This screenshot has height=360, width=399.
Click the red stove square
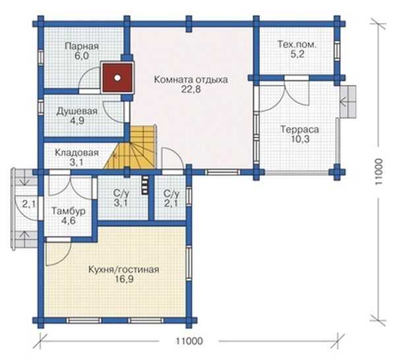[x=117, y=77]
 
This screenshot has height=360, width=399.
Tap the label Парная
[x=82, y=47]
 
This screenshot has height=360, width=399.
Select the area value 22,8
[x=191, y=89]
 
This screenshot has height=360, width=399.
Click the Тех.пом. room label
[x=297, y=45]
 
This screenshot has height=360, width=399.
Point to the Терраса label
[x=299, y=129]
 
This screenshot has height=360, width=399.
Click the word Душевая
[x=77, y=111]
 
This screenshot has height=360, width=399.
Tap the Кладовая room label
[x=77, y=153]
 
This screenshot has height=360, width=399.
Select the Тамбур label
[x=69, y=211]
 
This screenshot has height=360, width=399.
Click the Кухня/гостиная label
[x=124, y=270]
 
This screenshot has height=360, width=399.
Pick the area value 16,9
[x=124, y=280]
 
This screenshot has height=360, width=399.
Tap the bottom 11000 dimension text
[x=189, y=341]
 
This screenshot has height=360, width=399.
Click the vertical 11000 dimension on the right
[x=379, y=171]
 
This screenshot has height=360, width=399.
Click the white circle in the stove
[x=117, y=78]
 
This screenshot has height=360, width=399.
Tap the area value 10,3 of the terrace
[x=300, y=139]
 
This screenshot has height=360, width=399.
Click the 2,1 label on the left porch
[x=29, y=204]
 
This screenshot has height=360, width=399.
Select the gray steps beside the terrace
[x=348, y=102]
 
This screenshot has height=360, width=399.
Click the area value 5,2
[x=297, y=54]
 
